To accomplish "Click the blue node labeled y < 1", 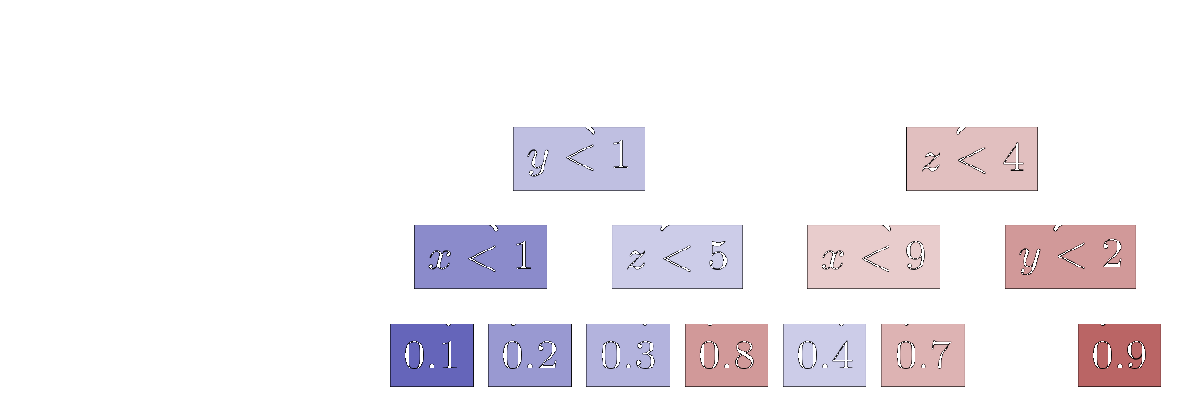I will click(x=578, y=158).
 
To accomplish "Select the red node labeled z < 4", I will click(x=972, y=158).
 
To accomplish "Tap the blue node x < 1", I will click(x=480, y=257).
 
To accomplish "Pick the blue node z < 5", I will click(x=677, y=257).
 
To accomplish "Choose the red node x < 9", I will click(x=873, y=257).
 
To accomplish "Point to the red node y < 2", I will click(x=1070, y=257).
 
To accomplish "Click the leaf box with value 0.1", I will click(x=432, y=355).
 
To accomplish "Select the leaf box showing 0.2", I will click(x=530, y=355).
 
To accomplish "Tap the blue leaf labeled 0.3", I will click(x=628, y=355).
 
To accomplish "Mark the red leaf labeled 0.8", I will click(x=726, y=355).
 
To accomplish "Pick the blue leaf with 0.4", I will click(x=824, y=355).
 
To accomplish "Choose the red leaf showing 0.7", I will click(x=923, y=355).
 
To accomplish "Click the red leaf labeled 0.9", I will click(x=1119, y=355).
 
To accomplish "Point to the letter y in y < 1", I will click(x=538, y=162).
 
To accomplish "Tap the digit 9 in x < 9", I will click(x=914, y=257).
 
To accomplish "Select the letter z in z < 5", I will click(x=636, y=259).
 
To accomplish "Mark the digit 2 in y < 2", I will click(x=1110, y=256).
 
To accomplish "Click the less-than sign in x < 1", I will click(x=479, y=258).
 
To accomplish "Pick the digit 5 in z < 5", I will click(x=717, y=257).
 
